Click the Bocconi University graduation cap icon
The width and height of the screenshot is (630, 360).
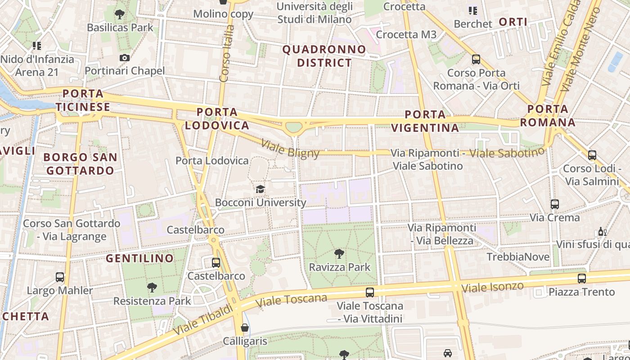260,189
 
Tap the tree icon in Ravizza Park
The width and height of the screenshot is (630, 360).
339,254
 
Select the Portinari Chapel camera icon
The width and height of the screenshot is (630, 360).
125,58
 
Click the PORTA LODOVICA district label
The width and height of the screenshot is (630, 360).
217,119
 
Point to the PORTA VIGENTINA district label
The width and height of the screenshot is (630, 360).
425,121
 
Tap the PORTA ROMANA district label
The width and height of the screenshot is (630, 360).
548,116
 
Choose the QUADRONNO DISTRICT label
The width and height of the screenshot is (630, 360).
324,56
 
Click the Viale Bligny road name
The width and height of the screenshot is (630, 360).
290,149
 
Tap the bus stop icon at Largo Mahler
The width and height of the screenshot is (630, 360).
60,277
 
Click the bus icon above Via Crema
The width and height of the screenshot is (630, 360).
555,204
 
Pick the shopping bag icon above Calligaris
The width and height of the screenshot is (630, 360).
245,328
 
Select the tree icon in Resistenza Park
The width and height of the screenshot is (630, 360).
152,287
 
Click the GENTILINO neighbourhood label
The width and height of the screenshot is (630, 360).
139,258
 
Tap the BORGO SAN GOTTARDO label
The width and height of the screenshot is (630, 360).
81,164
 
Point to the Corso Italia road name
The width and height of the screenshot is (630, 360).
227,53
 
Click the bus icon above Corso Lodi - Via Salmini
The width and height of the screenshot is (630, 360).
592,155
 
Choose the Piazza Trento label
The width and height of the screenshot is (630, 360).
581,292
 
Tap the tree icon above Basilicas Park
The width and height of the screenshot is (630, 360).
120,14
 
